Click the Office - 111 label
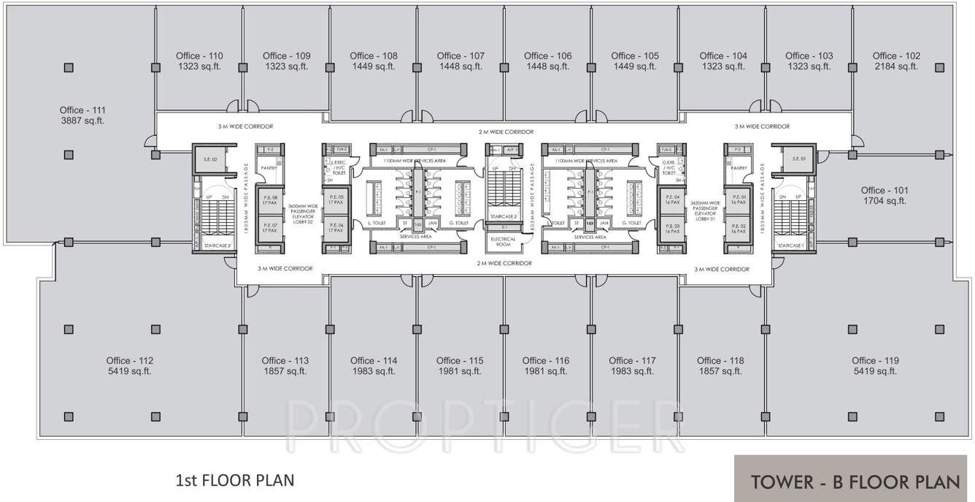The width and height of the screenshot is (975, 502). (82, 110)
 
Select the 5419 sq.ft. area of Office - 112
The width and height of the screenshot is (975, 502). (130, 371)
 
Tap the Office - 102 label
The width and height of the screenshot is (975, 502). (896, 56)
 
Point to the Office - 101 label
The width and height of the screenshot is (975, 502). (884, 190)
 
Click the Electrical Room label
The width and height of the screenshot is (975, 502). (503, 242)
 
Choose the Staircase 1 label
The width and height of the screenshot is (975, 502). (790, 246)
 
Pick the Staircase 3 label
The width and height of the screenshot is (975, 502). (217, 246)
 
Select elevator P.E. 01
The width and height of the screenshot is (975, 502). (739, 199)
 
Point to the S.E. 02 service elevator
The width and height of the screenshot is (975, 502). (210, 159)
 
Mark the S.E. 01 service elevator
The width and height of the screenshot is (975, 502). (798, 159)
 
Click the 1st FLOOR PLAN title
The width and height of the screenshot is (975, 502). (234, 481)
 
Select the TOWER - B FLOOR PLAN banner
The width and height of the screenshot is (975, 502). (854, 482)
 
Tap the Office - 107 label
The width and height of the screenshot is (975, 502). (460, 56)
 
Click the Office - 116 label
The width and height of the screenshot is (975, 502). (546, 360)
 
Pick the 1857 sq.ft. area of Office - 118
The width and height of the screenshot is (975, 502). (720, 371)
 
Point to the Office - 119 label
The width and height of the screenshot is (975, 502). (875, 360)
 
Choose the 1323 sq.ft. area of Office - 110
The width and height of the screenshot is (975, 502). (199, 66)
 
